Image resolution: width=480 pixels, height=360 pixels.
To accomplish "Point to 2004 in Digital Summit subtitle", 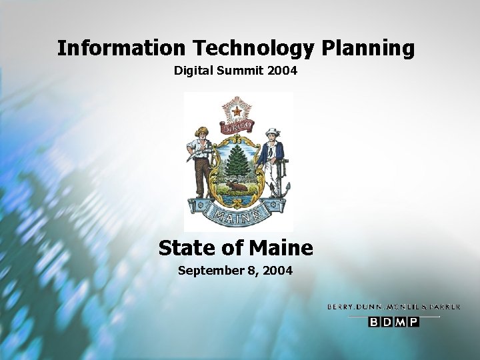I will pyautogui.click(x=281, y=70).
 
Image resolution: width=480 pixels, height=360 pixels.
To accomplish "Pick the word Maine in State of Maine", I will pyautogui.click(x=281, y=248).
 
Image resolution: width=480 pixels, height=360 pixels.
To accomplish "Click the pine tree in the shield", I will pyautogui.click(x=237, y=164).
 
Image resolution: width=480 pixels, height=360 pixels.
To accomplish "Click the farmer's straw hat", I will pyautogui.click(x=201, y=131).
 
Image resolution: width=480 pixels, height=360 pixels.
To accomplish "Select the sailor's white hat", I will pyautogui.click(x=271, y=131).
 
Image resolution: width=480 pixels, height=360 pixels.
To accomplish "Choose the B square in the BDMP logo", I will pyautogui.click(x=374, y=322).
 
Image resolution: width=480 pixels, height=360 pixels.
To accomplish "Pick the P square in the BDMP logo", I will pyautogui.click(x=413, y=322).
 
